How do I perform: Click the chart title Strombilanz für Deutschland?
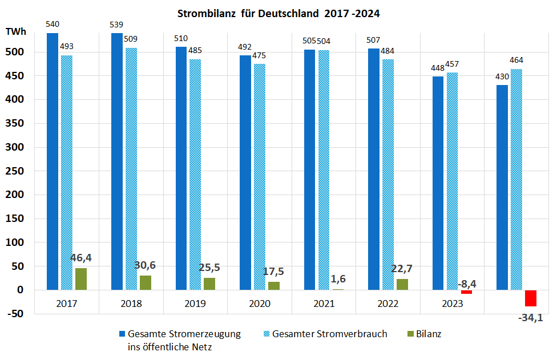point(278,13)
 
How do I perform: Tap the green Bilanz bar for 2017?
point(81,279)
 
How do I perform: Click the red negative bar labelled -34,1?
point(531,298)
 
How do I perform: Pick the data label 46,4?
point(81,258)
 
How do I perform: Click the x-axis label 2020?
point(260,304)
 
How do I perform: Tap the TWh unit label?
point(16,33)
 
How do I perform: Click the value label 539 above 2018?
point(116,25)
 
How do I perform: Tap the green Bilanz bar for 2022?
point(402,284)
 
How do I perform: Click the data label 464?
point(516,60)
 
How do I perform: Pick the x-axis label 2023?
point(453,304)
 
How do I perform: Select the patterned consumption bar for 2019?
point(195,174)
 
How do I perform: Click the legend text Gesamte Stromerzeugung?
point(184,334)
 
